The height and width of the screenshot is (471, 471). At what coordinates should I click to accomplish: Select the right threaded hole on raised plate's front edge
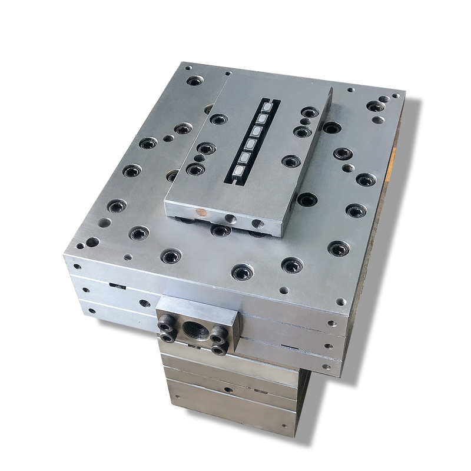(257, 224)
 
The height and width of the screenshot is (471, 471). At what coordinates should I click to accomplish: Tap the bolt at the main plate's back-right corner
(374, 107)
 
